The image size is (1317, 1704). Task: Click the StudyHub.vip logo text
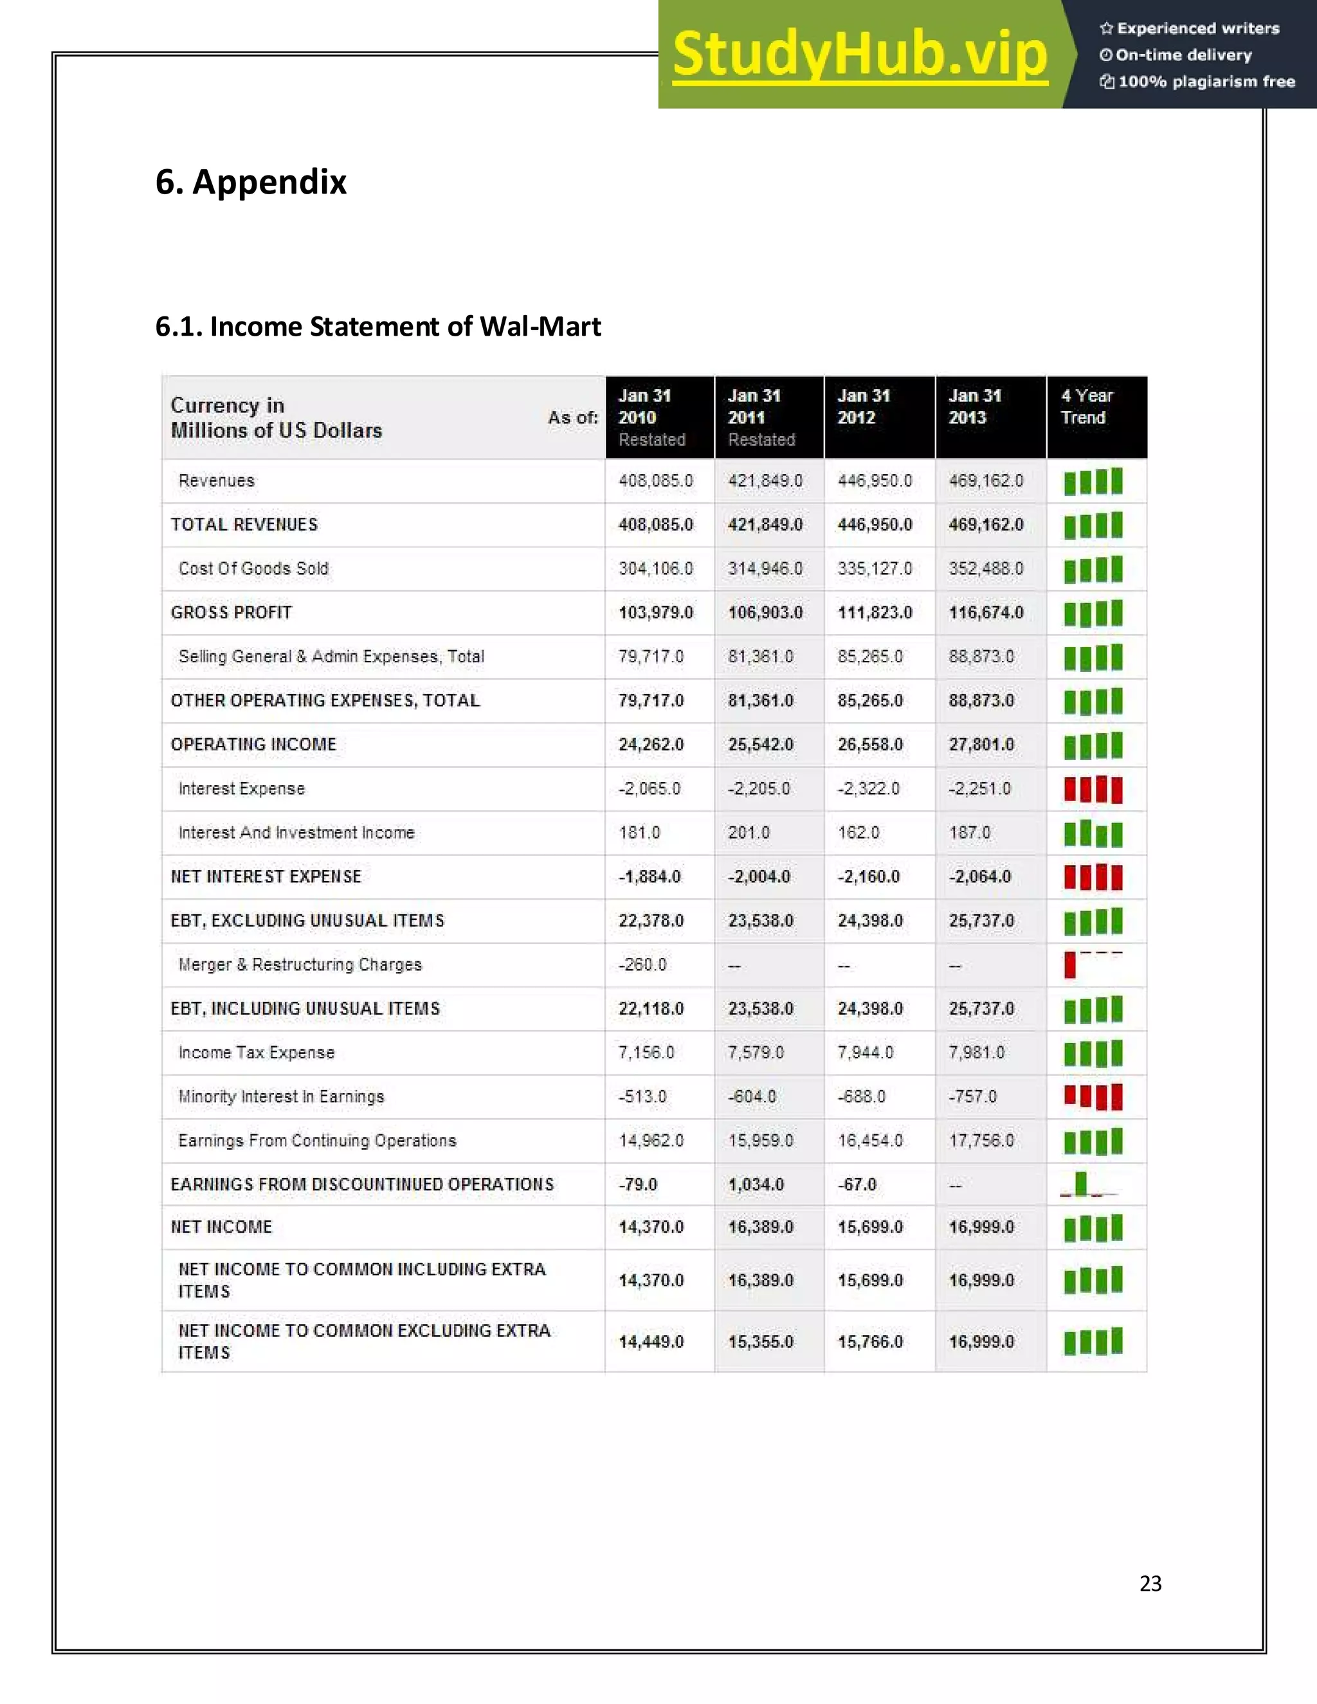point(859,55)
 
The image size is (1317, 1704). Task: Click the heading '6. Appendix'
point(250,182)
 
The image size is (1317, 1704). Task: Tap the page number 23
point(1150,1583)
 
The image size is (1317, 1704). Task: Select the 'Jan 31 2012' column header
point(864,406)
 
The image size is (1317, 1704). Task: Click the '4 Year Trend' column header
point(1087,406)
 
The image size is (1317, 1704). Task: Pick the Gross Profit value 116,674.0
point(985,612)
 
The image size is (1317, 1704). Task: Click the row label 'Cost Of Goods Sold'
point(253,569)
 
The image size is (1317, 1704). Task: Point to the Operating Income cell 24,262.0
point(651,745)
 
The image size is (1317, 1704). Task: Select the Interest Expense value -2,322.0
point(867,789)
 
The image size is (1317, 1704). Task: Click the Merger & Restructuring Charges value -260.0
point(642,965)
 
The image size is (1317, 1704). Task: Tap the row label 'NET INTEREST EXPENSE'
point(266,877)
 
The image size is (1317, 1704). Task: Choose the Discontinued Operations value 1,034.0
point(755,1184)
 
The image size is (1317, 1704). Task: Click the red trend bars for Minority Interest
point(1093,1096)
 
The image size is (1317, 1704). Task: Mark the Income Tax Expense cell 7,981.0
point(976,1053)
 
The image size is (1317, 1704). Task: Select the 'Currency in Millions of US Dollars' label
point(276,418)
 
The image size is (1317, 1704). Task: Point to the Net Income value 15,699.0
point(871,1228)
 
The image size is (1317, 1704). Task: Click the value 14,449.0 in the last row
point(651,1341)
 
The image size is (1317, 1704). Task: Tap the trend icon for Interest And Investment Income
point(1093,833)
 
